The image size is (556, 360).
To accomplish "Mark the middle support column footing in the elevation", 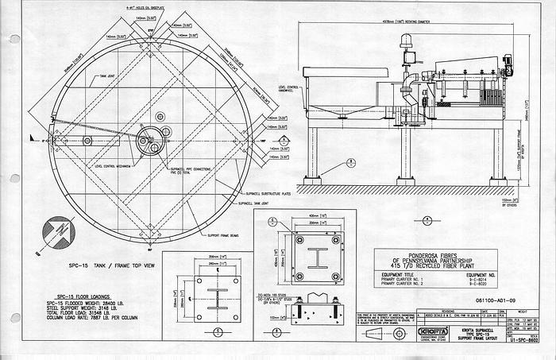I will point(406,181).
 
